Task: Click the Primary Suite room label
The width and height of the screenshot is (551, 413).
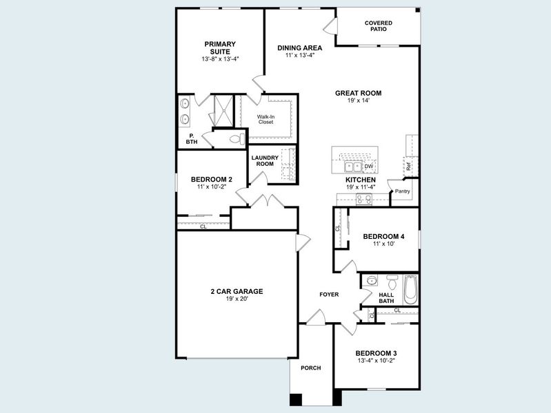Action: pyautogui.click(x=219, y=47)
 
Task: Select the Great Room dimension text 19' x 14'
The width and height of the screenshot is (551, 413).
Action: pyautogui.click(x=358, y=100)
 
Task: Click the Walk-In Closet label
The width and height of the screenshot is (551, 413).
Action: pyautogui.click(x=266, y=119)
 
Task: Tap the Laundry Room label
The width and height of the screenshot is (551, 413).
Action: pyautogui.click(x=263, y=161)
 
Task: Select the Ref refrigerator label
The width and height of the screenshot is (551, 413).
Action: pyautogui.click(x=408, y=166)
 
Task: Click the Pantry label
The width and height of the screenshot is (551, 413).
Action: pyautogui.click(x=402, y=191)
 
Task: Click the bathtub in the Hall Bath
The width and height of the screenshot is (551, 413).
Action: pyautogui.click(x=410, y=290)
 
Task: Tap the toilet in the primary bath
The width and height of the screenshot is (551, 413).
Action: pyautogui.click(x=235, y=139)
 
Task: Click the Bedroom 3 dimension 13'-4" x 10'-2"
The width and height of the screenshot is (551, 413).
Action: pyautogui.click(x=377, y=361)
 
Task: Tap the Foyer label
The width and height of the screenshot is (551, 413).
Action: pyautogui.click(x=328, y=295)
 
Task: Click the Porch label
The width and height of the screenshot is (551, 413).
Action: pyautogui.click(x=310, y=368)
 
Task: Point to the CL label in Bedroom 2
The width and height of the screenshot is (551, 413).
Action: pyautogui.click(x=203, y=226)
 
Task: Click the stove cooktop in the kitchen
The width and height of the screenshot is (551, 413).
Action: pyautogui.click(x=363, y=200)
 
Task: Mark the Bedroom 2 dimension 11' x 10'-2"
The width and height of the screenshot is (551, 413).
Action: pyautogui.click(x=211, y=187)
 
